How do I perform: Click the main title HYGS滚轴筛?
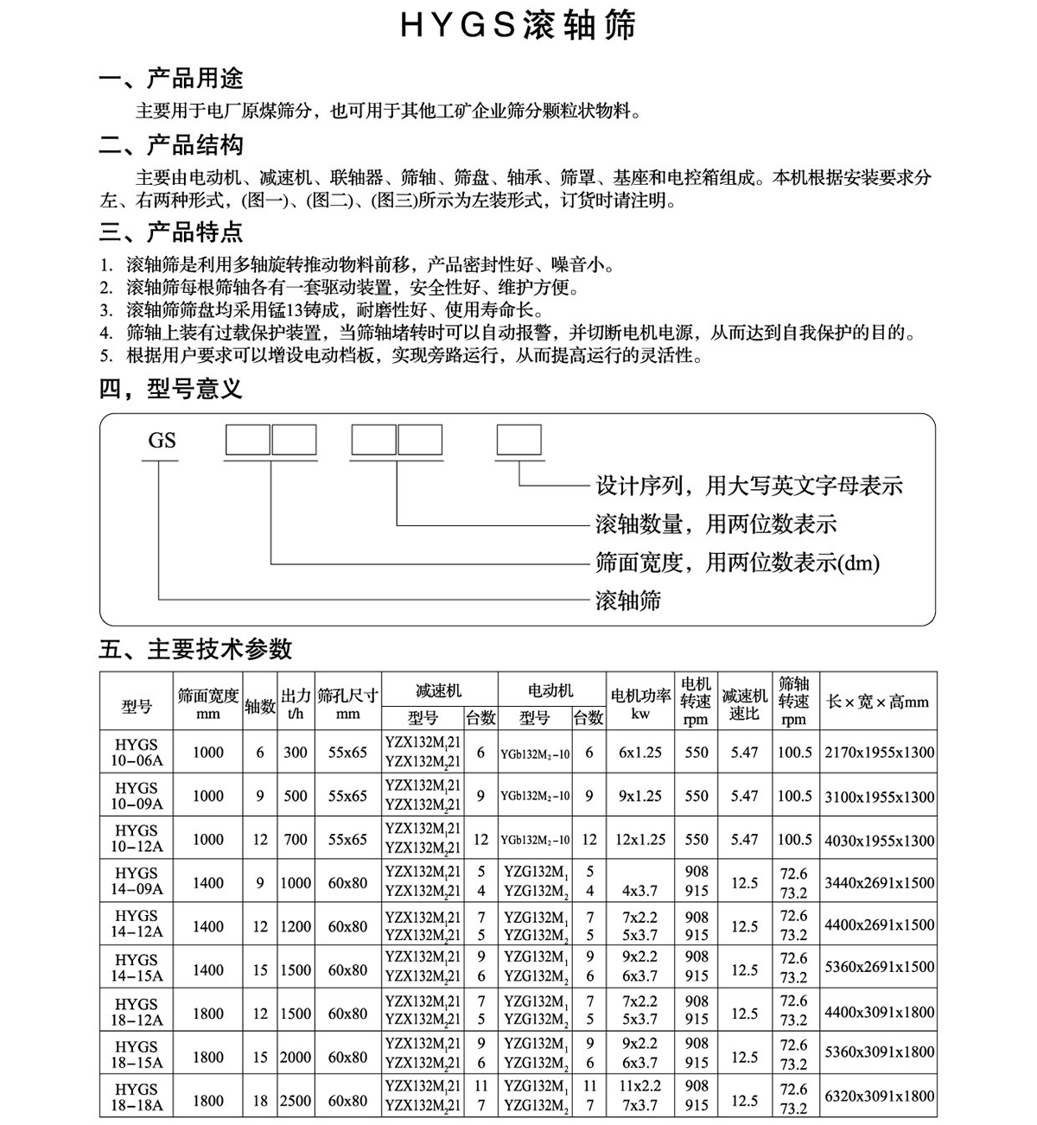[518, 26]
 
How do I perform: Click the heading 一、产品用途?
[171, 79]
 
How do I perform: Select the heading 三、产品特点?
[171, 232]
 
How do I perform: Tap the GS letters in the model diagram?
[162, 441]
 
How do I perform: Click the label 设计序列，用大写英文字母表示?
[748, 486]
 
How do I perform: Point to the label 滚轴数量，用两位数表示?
[716, 524]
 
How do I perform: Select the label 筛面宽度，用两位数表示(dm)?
[737, 562]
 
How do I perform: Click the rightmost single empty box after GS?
[518, 441]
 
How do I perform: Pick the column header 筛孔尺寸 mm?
[347, 703]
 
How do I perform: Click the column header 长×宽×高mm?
[878, 702]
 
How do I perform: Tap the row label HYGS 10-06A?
[137, 753]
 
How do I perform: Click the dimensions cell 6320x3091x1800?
[879, 1096]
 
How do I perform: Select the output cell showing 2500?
[295, 1101]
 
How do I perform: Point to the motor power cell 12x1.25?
[640, 839]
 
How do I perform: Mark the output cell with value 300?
[296, 753]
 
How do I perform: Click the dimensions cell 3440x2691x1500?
[879, 882]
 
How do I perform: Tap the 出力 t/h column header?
[296, 703]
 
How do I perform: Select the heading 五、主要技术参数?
[195, 649]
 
